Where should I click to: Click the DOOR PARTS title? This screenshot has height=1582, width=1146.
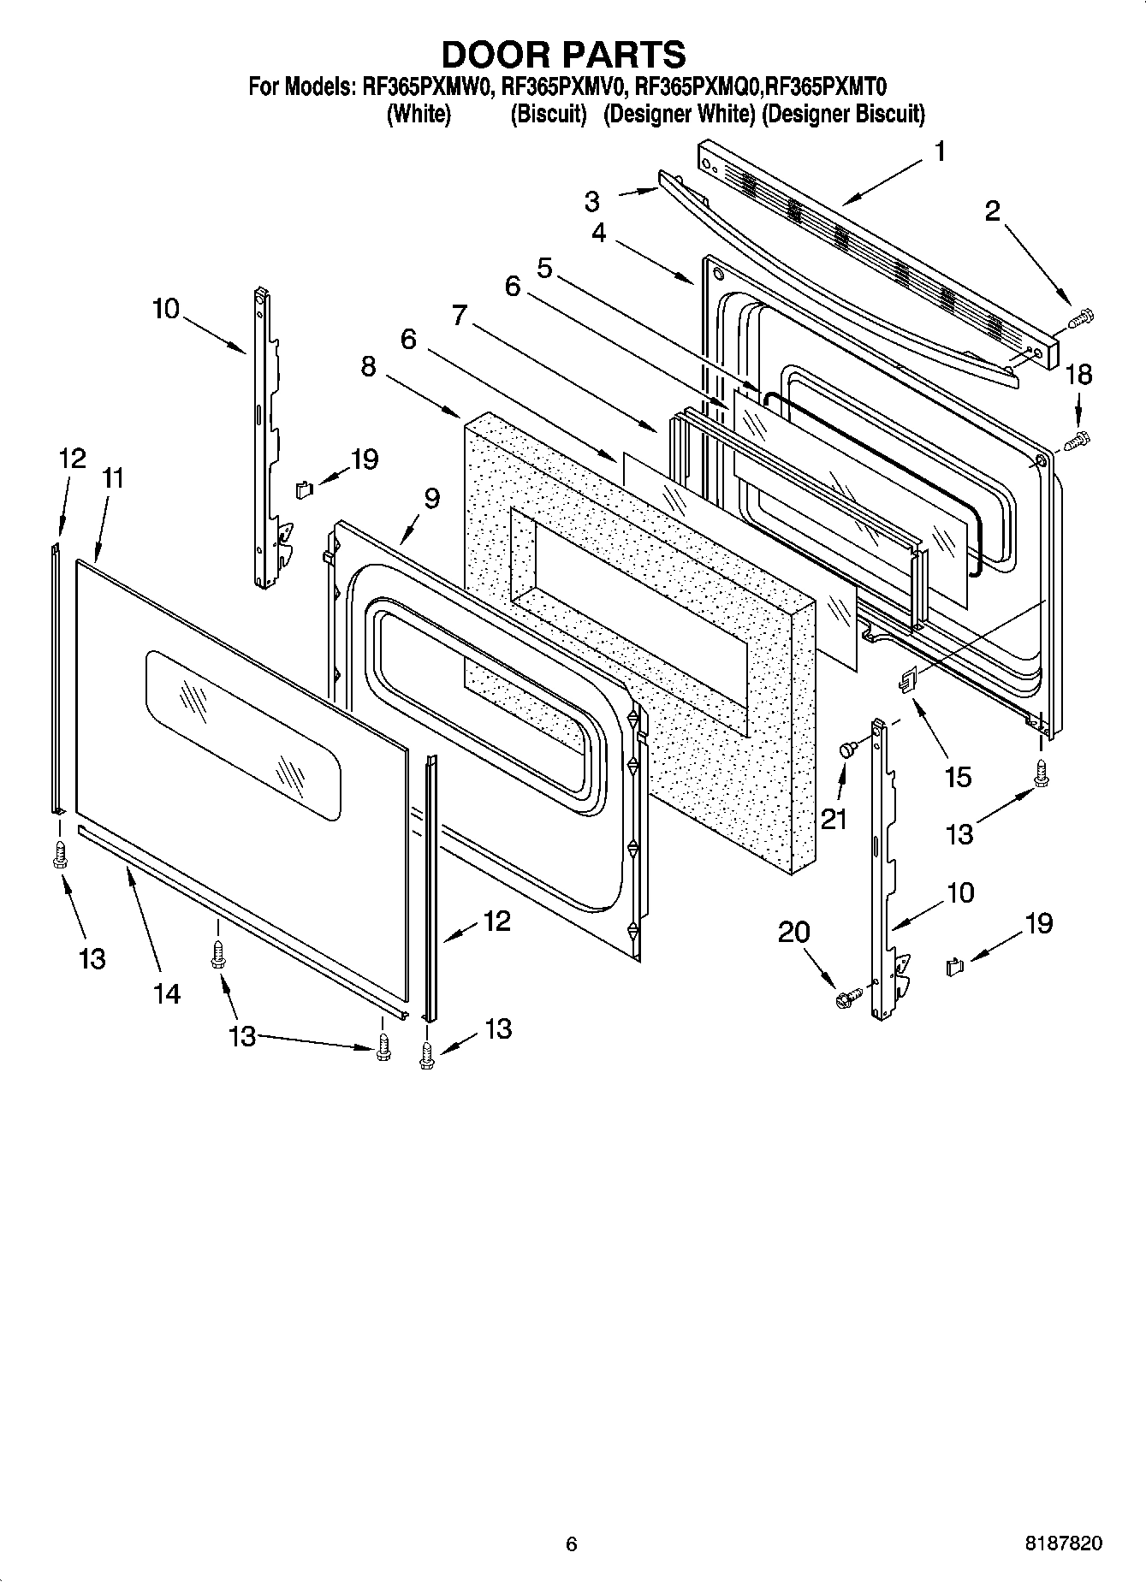pos(563,54)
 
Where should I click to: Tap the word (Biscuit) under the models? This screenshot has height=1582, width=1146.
pos(548,114)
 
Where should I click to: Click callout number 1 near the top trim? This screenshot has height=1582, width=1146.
pos(940,151)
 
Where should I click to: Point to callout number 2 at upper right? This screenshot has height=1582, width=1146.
pos(992,210)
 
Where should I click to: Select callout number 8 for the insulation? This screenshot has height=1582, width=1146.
pos(368,366)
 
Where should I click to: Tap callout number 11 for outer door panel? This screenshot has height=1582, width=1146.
pos(113,479)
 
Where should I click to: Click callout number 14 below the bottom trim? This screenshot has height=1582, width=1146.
pos(167,993)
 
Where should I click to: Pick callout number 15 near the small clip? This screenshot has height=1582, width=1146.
pos(958,777)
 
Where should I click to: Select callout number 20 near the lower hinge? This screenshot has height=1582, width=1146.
pos(793,932)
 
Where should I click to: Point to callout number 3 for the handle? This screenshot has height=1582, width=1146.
pos(591,201)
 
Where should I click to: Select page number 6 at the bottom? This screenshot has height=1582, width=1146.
pos(572,1543)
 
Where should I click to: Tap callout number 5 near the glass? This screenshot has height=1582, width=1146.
pos(544,268)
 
